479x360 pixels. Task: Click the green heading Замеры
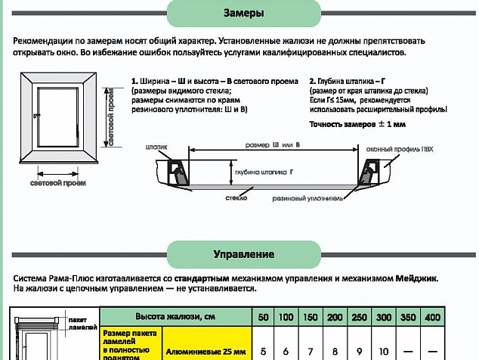(x=244, y=14)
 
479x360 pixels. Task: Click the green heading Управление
(x=244, y=253)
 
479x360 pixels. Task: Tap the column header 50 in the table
(x=263, y=318)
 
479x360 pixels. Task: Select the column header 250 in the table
(x=361, y=318)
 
